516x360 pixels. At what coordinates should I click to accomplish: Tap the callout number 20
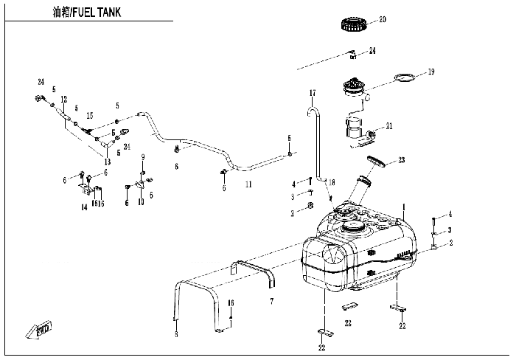382,20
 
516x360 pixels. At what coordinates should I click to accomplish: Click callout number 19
431,72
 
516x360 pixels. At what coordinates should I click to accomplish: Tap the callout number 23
402,159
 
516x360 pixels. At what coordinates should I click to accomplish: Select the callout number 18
332,182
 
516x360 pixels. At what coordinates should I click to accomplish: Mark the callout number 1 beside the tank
404,207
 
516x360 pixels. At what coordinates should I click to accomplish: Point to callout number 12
64,100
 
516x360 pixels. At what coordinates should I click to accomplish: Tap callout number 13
108,162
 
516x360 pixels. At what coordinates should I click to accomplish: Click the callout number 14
84,209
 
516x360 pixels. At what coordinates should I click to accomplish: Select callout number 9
143,156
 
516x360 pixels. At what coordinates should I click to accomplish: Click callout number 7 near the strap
271,302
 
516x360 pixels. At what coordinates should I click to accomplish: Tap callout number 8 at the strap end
175,336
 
